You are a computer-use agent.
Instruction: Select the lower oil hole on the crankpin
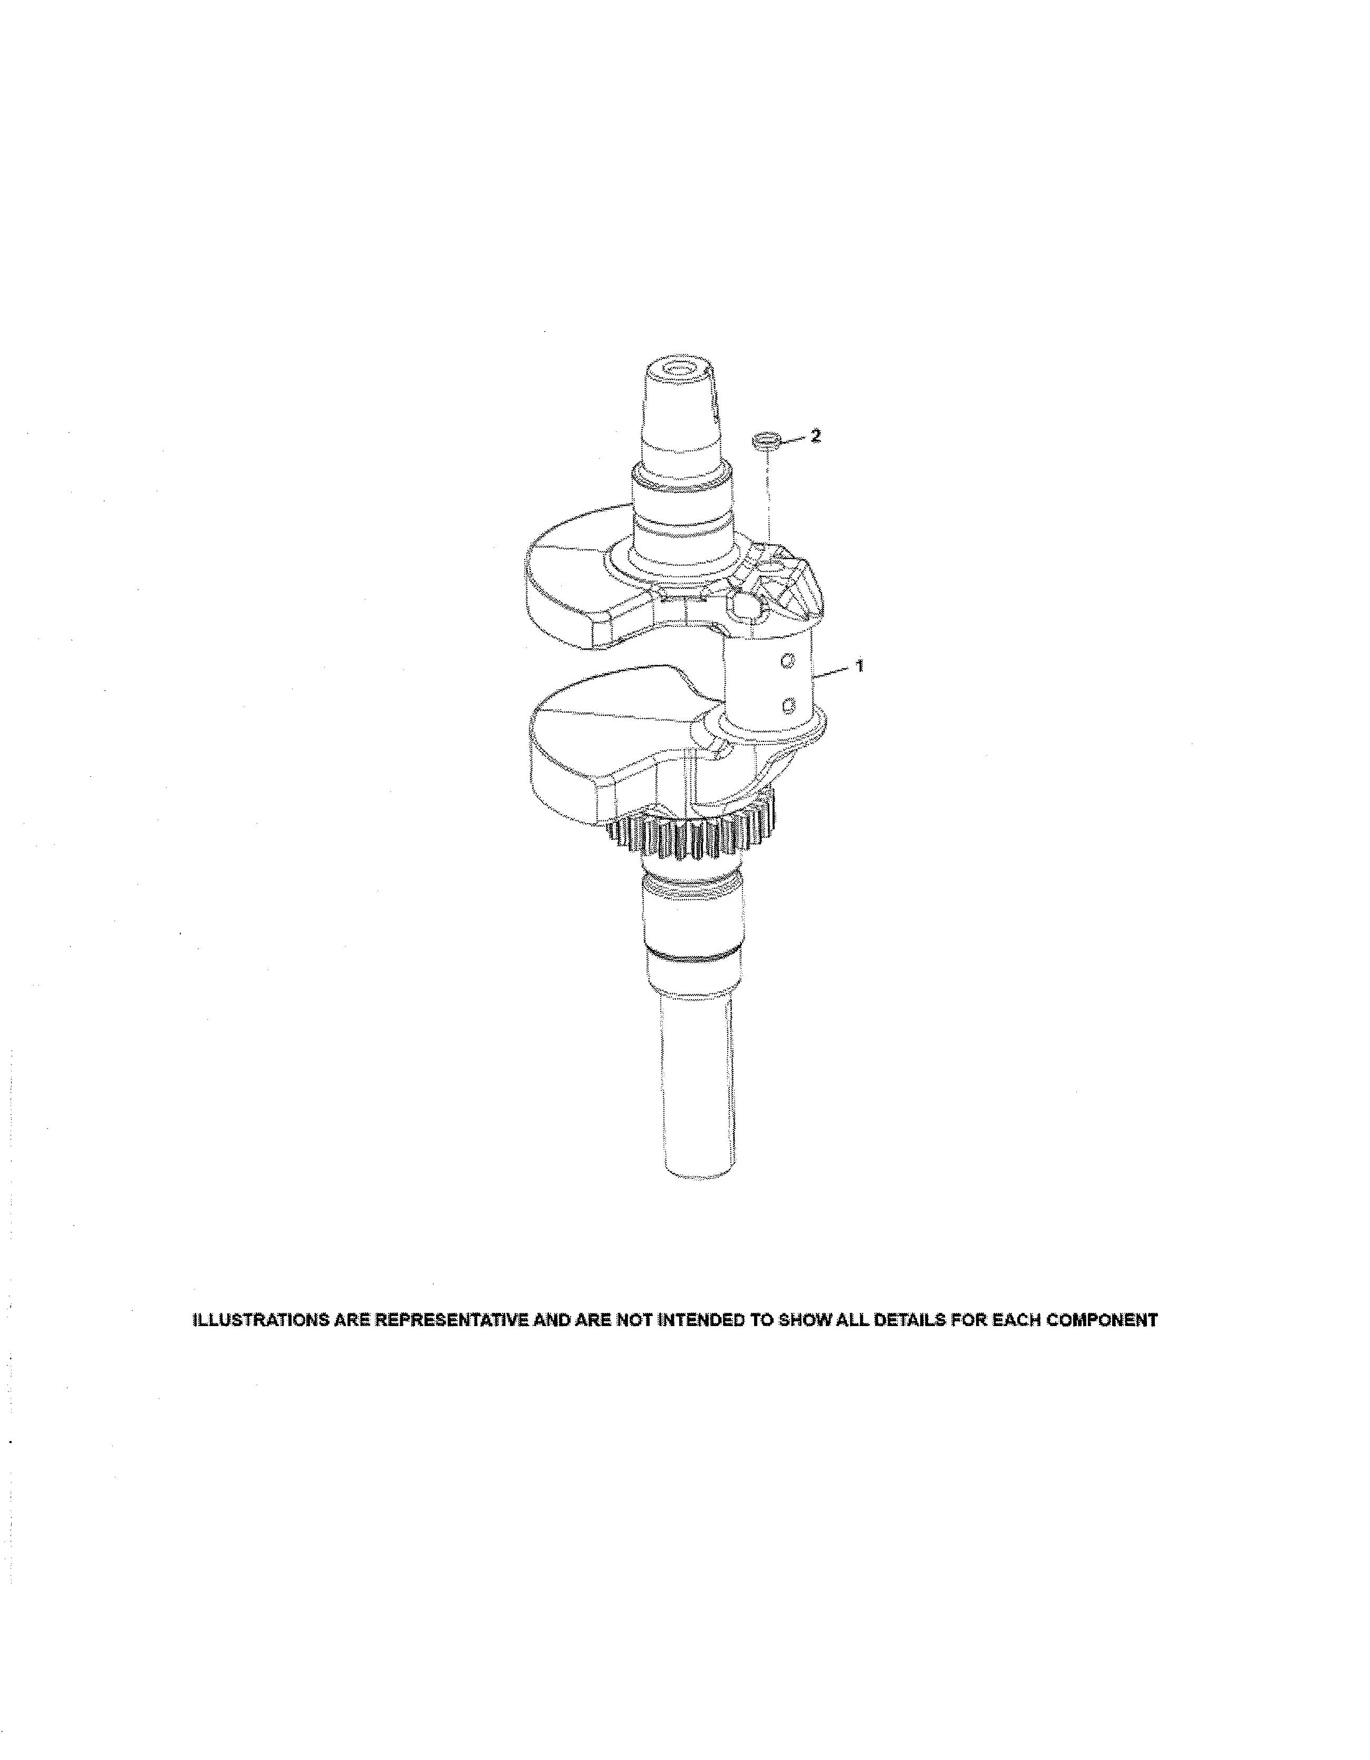pyautogui.click(x=789, y=706)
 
